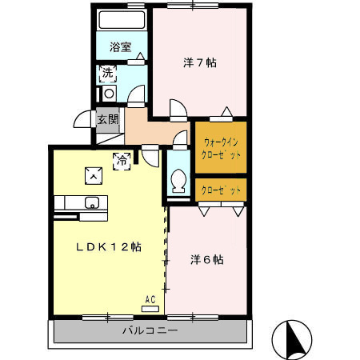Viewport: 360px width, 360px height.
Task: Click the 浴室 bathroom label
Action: point(121,47)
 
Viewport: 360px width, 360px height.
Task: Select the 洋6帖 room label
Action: point(206,259)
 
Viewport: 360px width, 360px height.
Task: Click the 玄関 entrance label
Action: point(108,120)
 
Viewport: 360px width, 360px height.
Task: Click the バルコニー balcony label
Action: point(150,330)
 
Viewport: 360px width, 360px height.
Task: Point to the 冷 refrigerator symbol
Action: point(122,160)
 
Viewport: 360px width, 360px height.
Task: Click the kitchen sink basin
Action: point(91,202)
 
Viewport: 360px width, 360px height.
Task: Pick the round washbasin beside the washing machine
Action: point(108,93)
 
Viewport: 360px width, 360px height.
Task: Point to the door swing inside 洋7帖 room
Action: point(178,110)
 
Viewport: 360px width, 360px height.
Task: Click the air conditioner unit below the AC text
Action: point(150,308)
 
